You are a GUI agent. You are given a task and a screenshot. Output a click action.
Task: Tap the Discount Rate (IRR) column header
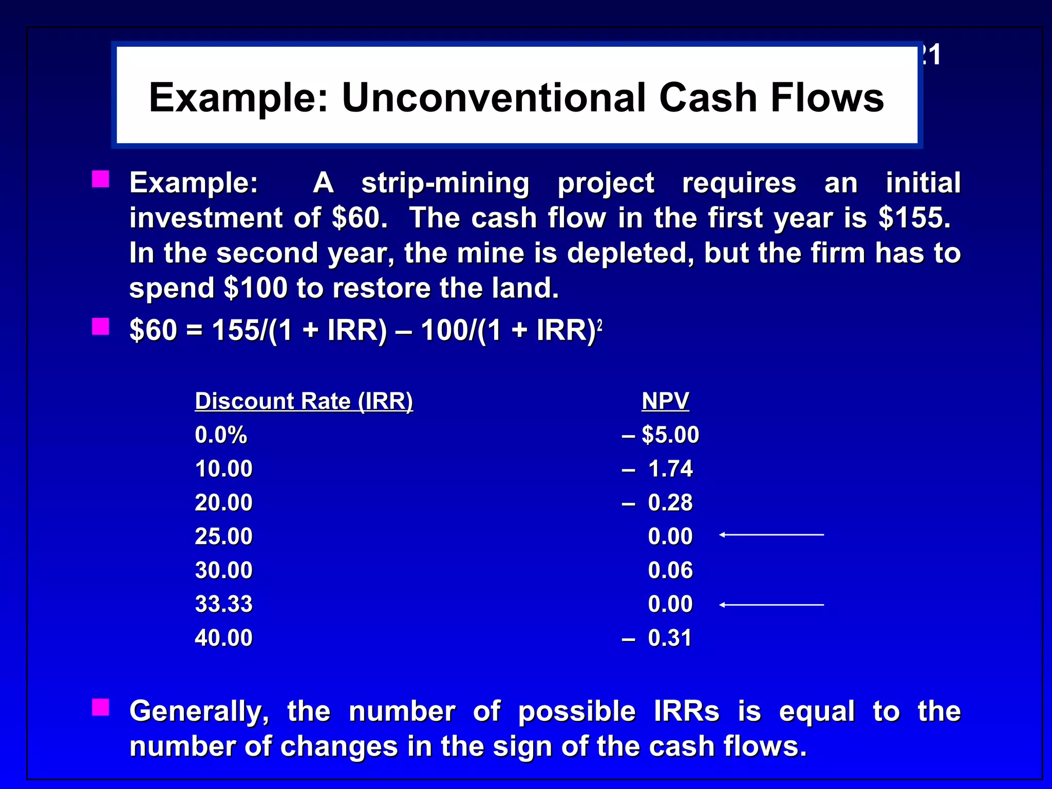click(304, 401)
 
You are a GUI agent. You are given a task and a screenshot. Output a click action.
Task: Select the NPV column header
click(665, 401)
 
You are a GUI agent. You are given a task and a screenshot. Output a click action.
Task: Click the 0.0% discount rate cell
click(221, 435)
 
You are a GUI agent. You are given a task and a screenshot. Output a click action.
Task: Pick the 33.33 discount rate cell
click(223, 604)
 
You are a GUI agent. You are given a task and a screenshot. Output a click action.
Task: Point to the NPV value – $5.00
click(661, 435)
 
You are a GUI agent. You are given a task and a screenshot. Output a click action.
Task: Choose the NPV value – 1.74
click(657, 469)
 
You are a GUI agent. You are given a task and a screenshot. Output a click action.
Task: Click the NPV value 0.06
click(670, 571)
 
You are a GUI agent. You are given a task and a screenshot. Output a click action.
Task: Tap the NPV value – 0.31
click(657, 638)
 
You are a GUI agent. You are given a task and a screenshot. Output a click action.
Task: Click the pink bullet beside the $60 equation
click(101, 326)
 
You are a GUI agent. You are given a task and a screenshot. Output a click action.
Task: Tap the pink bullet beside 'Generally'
click(101, 707)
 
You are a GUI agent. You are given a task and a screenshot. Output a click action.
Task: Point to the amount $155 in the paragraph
click(914, 218)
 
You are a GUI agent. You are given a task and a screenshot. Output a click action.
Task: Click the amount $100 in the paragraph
click(256, 288)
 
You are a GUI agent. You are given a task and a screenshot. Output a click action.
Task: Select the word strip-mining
click(445, 183)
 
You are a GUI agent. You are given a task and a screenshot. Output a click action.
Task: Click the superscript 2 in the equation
click(599, 325)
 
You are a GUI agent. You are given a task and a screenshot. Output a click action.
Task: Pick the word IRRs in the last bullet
click(686, 711)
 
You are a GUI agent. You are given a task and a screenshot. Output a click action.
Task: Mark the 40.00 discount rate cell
click(223, 638)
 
